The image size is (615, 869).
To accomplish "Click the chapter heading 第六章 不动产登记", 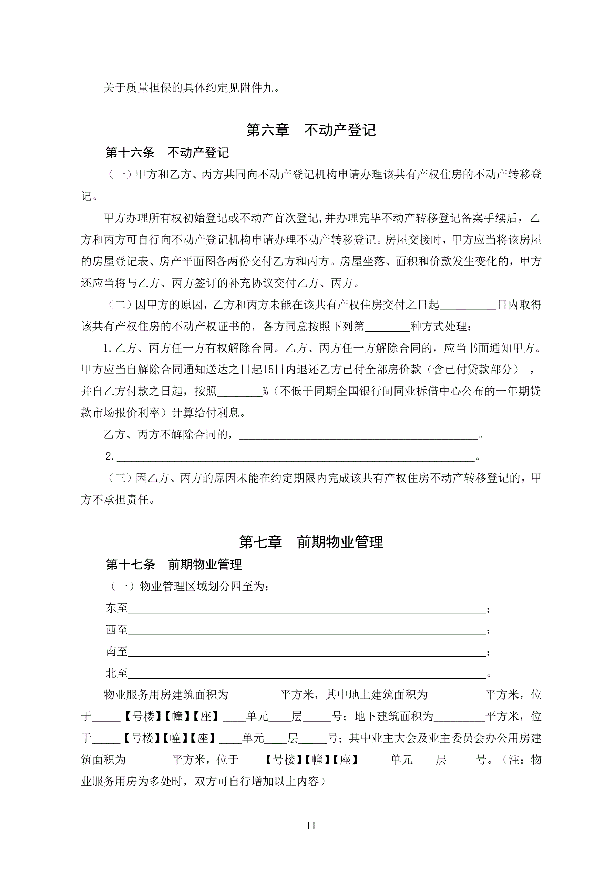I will pos(310,130).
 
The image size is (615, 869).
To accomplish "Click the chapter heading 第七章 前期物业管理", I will pos(310,542).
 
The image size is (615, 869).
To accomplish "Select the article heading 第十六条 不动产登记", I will pos(167,153).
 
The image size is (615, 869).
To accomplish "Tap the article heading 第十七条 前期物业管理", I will pos(173,564).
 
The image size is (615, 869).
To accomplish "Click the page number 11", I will pos(311,826).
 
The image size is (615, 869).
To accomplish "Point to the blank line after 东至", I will pos(307,609).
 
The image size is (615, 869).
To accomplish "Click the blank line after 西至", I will pos(307,630).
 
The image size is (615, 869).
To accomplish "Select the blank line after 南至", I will pos(307,652).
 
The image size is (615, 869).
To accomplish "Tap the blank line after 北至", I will pos(307,673).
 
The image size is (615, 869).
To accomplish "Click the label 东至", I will pos(117,608).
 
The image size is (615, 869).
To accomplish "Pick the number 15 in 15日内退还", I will pos(268,369).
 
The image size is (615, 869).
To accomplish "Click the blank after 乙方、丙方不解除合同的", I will pos(358,436).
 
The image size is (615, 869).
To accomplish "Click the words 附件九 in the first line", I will pos(256,88).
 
